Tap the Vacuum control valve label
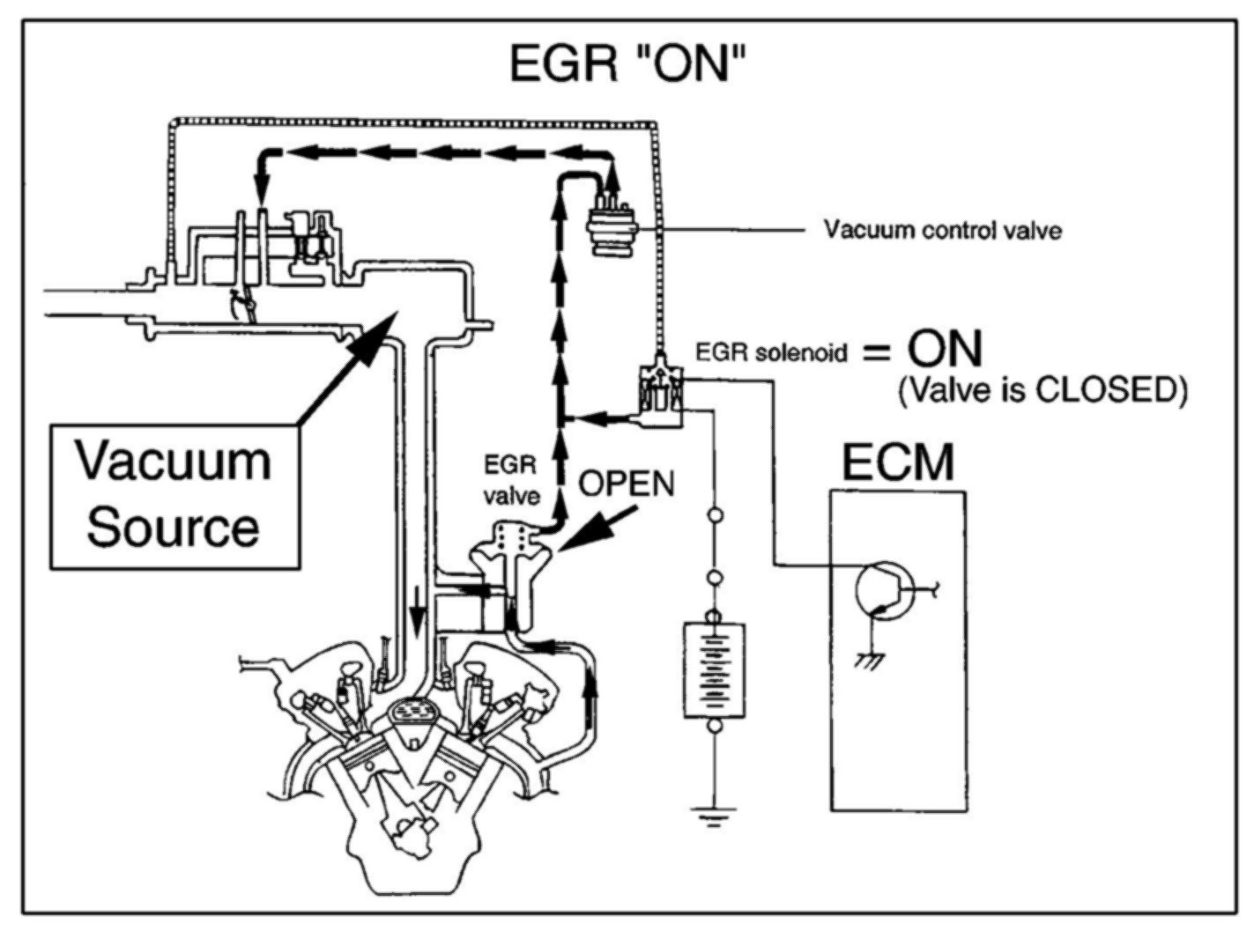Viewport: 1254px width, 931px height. tap(942, 231)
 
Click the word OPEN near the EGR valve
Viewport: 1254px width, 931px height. tap(627, 483)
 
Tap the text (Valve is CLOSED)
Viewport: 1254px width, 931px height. tap(1042, 389)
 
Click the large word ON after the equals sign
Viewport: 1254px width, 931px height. tap(945, 350)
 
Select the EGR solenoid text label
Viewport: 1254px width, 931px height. tap(772, 353)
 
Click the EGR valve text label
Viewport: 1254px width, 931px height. tap(511, 480)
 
